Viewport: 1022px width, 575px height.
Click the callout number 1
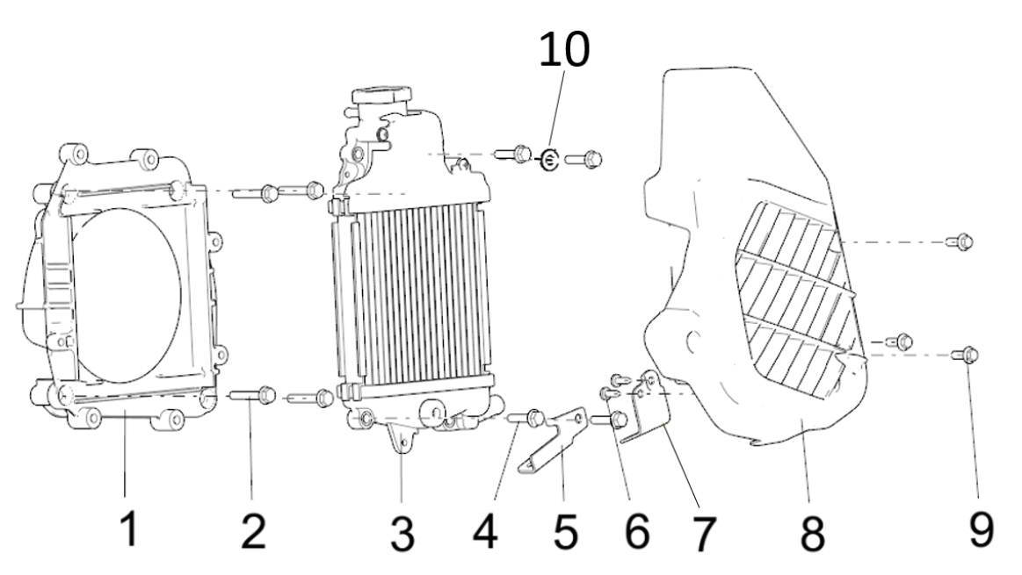(x=131, y=528)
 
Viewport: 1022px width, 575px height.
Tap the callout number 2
(x=253, y=530)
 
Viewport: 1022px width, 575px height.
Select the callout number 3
(x=402, y=534)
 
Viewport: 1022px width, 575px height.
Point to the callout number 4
(x=486, y=530)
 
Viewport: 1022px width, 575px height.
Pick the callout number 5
(x=566, y=530)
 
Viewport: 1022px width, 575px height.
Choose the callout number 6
(x=637, y=530)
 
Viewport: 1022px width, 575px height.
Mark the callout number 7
(x=703, y=534)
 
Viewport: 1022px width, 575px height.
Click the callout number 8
(x=812, y=534)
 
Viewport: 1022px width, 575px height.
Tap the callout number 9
(x=981, y=528)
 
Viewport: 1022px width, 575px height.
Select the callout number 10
(x=564, y=49)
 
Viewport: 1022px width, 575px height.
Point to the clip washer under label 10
(x=550, y=159)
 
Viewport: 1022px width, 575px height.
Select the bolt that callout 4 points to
(x=527, y=417)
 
